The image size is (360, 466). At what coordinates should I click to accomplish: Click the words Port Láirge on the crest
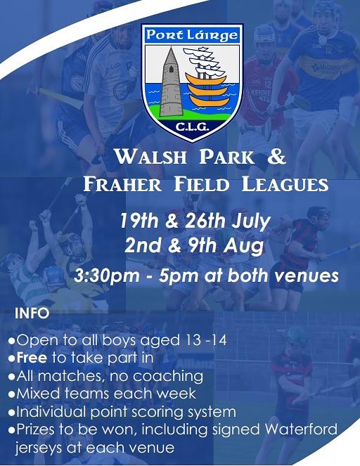[x=193, y=35]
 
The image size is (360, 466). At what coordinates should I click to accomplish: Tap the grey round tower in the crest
[x=172, y=82]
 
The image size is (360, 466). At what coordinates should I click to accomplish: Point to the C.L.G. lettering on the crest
[x=193, y=127]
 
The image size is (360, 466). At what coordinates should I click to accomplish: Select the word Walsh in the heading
[x=151, y=157]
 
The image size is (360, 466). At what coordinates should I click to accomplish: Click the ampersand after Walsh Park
[x=276, y=157]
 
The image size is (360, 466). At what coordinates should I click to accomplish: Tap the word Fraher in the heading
[x=122, y=184]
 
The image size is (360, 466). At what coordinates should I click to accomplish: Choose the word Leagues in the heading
[x=285, y=184]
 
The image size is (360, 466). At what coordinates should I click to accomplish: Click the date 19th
[x=139, y=221]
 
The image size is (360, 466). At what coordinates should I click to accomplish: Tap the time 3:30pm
[x=107, y=276]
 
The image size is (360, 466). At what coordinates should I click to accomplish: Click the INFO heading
[x=32, y=313]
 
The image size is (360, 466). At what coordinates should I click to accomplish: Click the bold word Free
[x=32, y=358]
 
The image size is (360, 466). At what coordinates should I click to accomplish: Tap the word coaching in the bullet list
[x=168, y=377]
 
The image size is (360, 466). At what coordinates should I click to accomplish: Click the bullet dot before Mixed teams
[x=12, y=395]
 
